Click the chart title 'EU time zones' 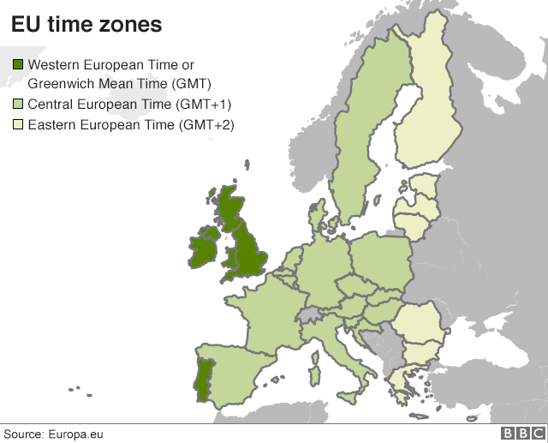[86, 25]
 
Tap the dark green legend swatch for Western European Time [17, 65]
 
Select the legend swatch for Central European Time [17, 105]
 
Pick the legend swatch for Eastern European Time [17, 126]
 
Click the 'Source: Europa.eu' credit [54, 434]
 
